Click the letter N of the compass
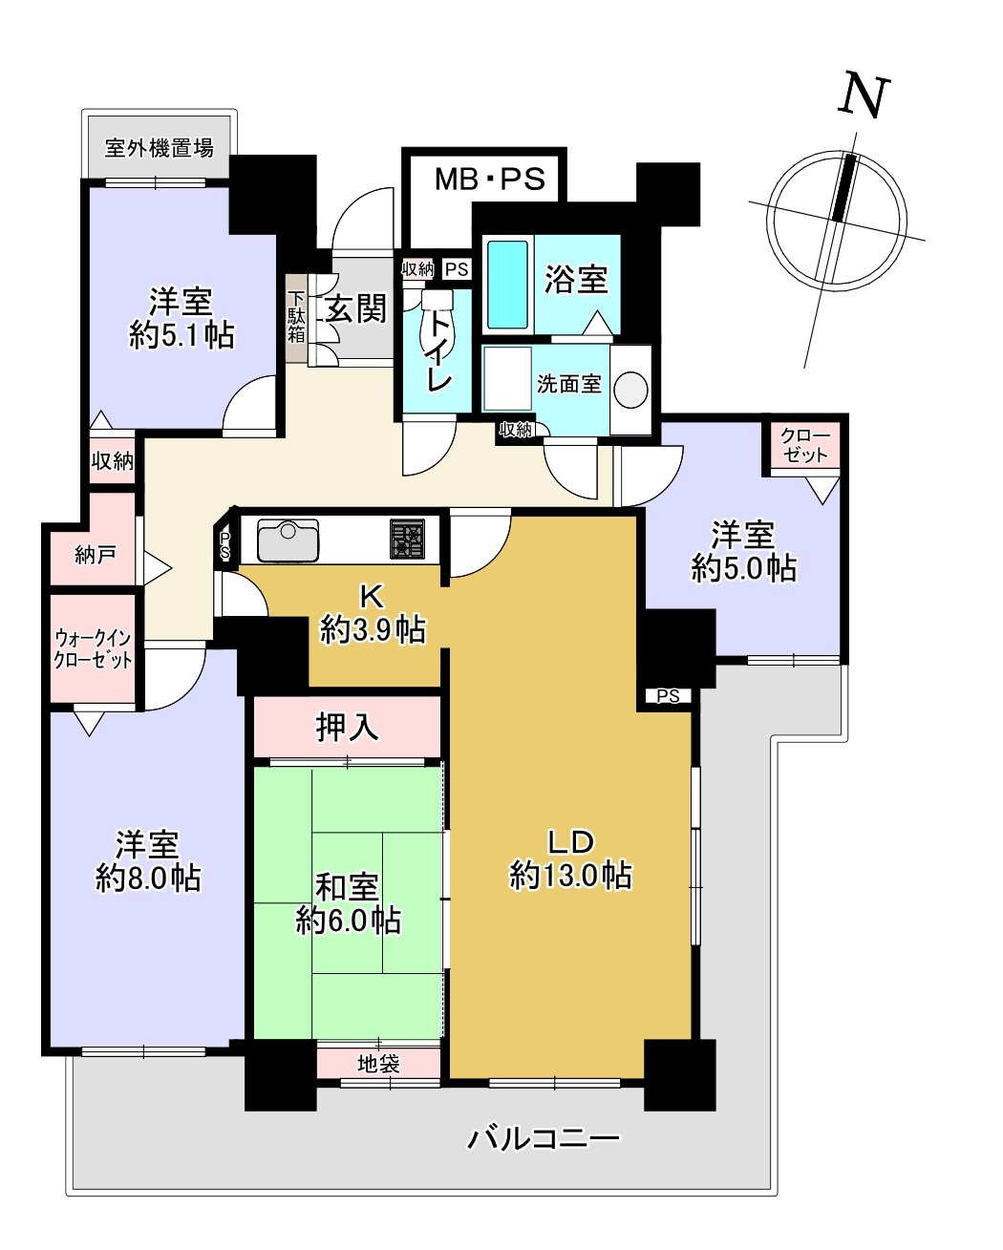[x=863, y=95]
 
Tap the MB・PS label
[x=489, y=179]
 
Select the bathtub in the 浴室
[x=507, y=284]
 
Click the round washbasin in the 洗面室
[x=630, y=390]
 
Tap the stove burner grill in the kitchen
[x=407, y=540]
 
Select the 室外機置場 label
[x=159, y=148]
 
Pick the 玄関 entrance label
[x=355, y=308]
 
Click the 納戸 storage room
[x=94, y=554]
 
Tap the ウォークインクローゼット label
[x=93, y=648]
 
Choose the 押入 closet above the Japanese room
[x=347, y=728]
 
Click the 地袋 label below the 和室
[x=378, y=1063]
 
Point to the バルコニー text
[x=543, y=1138]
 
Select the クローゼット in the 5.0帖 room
[x=805, y=446]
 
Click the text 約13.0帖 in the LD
[x=570, y=875]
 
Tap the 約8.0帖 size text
[x=148, y=878]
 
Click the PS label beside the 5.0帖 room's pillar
[x=668, y=696]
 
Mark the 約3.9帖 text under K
[x=373, y=629]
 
